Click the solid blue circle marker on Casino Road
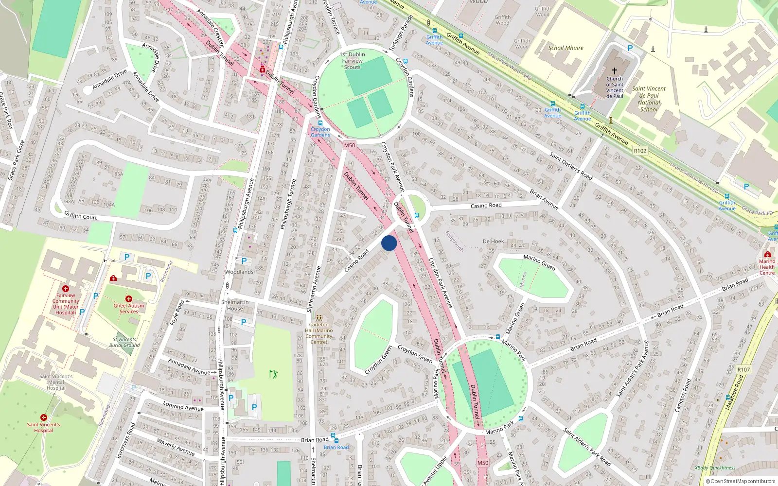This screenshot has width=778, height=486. tap(389, 243)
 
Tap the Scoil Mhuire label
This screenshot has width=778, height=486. tap(566, 48)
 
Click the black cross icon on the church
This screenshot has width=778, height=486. tap(615, 70)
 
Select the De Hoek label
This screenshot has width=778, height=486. tap(493, 241)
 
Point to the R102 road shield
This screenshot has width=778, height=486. tap(640, 151)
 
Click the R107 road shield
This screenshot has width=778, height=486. tap(743, 369)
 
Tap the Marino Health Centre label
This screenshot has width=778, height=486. tap(767, 267)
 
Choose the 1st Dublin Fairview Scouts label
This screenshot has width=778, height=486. tap(353, 61)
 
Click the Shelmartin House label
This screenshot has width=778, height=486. tap(235, 305)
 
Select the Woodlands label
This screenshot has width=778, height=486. tap(239, 272)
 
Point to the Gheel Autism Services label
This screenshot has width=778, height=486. tap(129, 309)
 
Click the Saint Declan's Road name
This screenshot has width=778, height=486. tap(571, 165)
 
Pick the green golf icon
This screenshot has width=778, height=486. tap(273, 374)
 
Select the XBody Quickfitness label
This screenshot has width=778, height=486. tap(715, 468)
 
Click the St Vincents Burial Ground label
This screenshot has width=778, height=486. tap(124, 342)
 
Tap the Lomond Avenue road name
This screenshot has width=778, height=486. tap(183, 406)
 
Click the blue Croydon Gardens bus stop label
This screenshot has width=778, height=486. tap(320, 132)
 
